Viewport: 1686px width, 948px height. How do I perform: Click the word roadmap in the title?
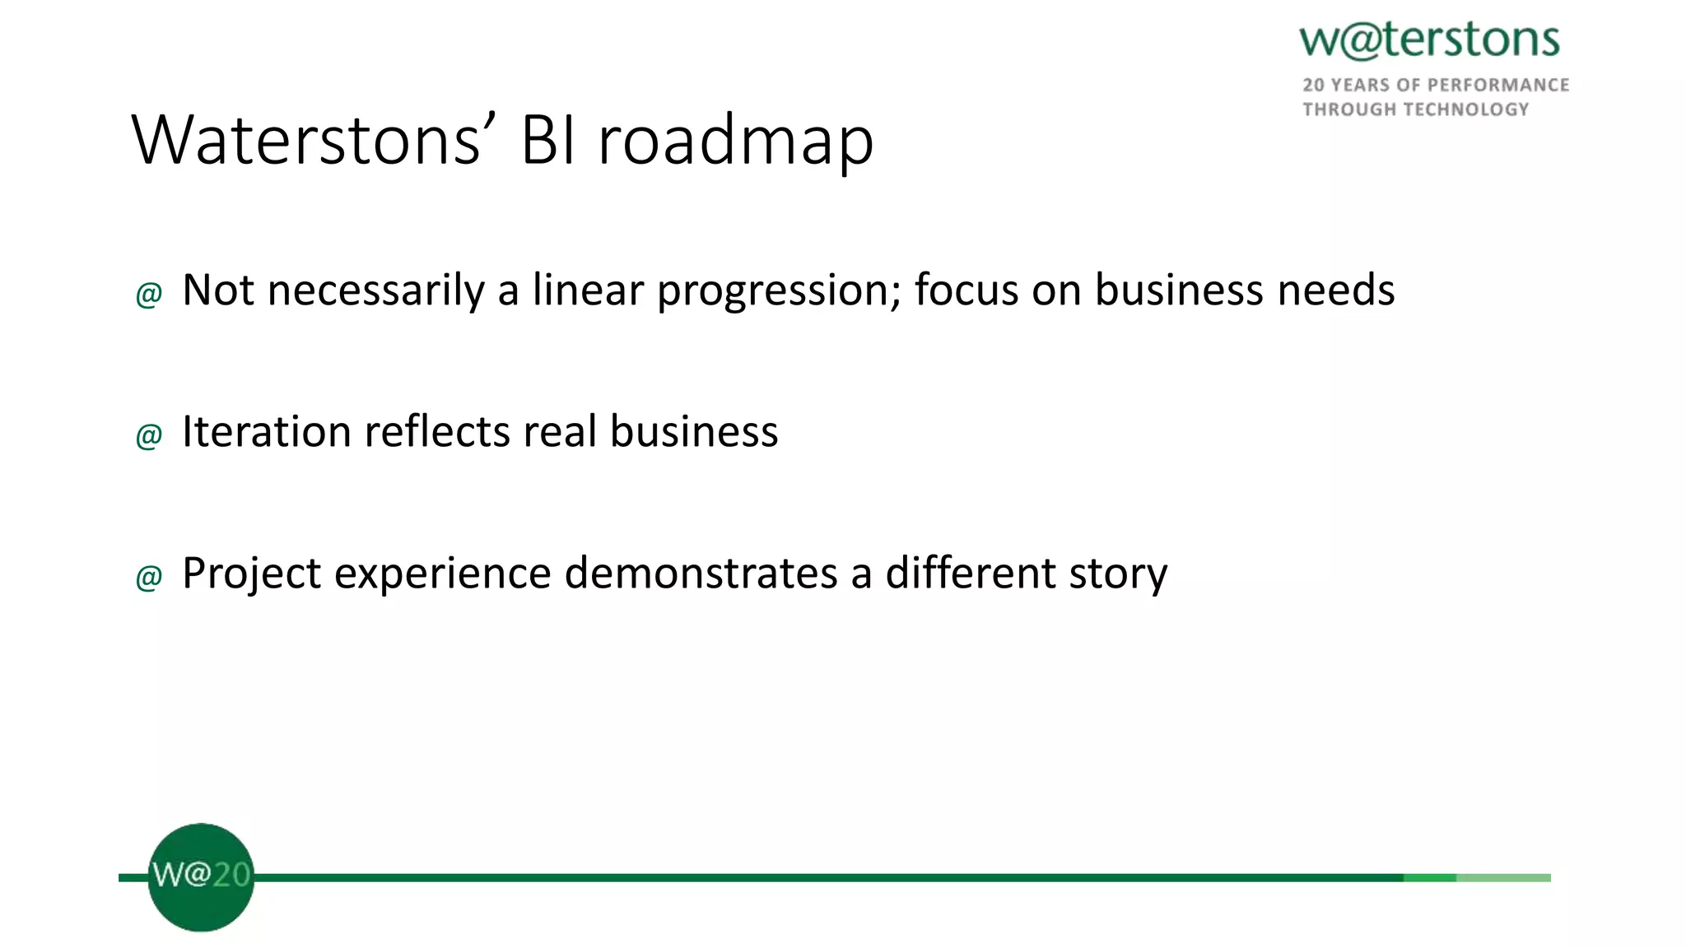pos(735,142)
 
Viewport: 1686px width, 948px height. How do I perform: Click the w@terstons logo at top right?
pos(1429,40)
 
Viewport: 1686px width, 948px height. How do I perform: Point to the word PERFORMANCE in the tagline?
pos(1498,86)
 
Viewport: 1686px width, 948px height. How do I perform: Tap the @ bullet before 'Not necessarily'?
pos(149,294)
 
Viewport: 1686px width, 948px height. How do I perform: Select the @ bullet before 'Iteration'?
pos(149,435)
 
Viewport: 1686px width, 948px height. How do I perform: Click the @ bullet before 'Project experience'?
pos(149,577)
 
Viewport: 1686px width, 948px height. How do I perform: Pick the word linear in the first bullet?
pos(587,290)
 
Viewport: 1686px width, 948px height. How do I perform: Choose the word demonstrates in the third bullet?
pos(701,574)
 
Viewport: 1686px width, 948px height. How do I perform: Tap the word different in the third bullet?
pos(970,574)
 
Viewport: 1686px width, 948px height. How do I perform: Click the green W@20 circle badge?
pos(201,877)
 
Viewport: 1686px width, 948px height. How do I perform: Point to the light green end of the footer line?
pos(1503,878)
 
